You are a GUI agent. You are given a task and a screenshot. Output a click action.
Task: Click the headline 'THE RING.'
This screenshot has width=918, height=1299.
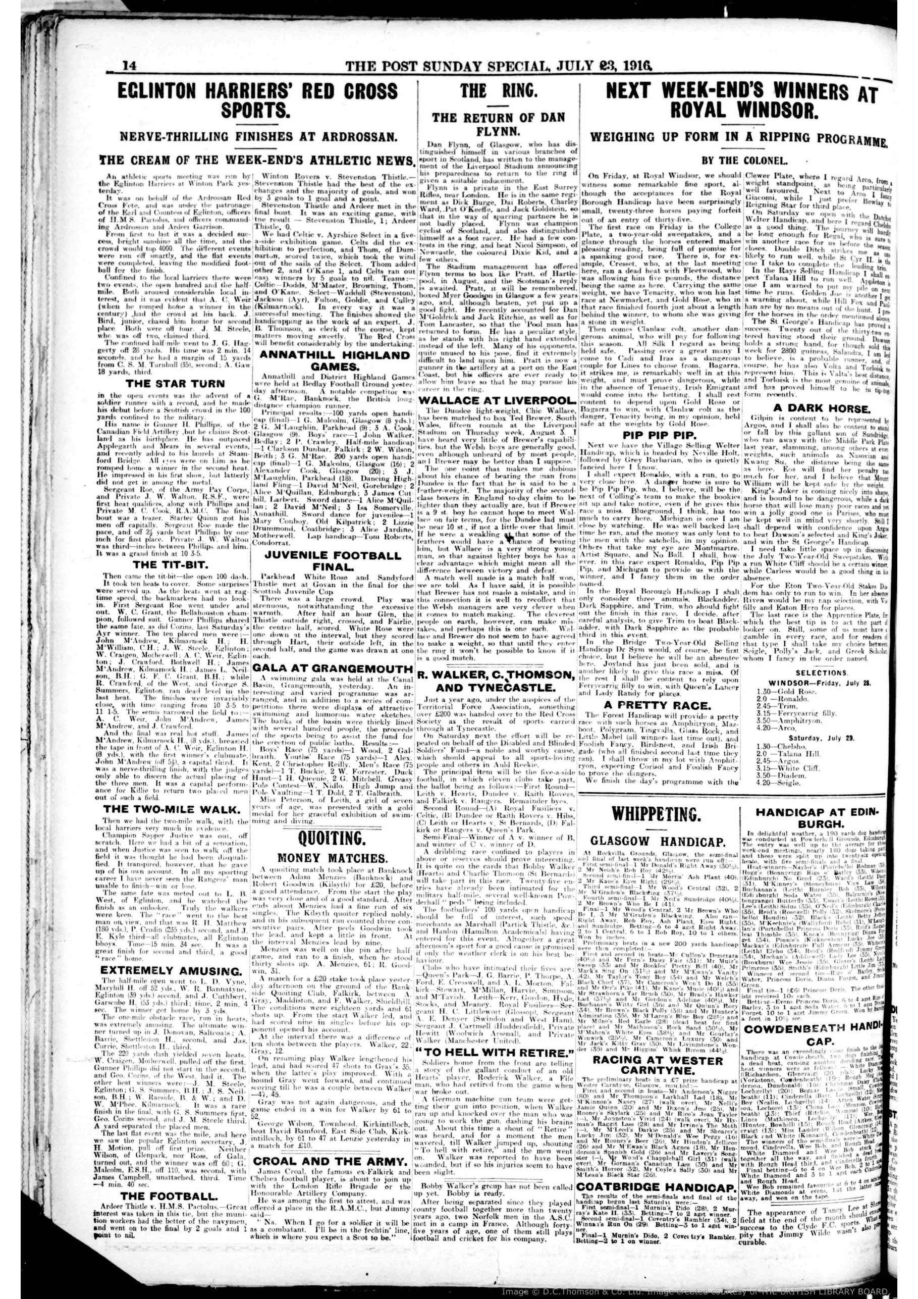(499, 91)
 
